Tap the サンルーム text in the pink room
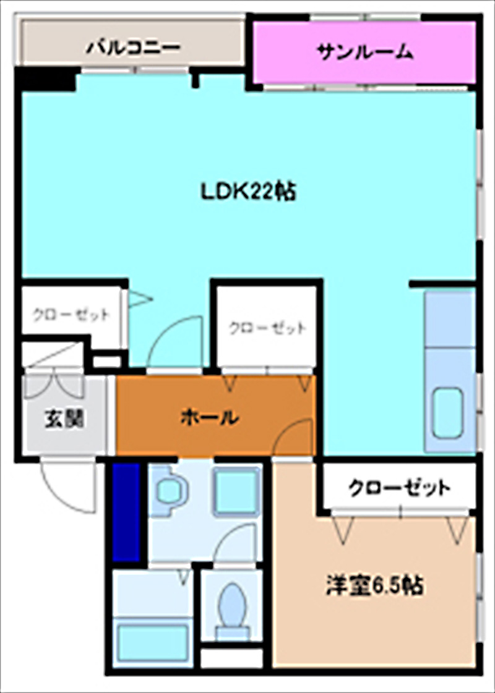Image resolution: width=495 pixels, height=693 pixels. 365,52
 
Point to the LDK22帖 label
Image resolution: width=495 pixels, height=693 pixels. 247,192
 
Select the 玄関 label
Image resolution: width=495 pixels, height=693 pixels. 64,419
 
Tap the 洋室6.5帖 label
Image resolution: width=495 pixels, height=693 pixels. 375,585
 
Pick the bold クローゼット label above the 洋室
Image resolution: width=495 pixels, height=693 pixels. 399,488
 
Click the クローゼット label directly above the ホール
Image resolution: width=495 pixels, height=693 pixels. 267,328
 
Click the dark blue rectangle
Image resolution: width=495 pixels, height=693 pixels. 126,512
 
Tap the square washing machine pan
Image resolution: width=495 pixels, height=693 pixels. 236,491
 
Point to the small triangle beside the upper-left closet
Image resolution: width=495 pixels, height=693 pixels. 139,300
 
